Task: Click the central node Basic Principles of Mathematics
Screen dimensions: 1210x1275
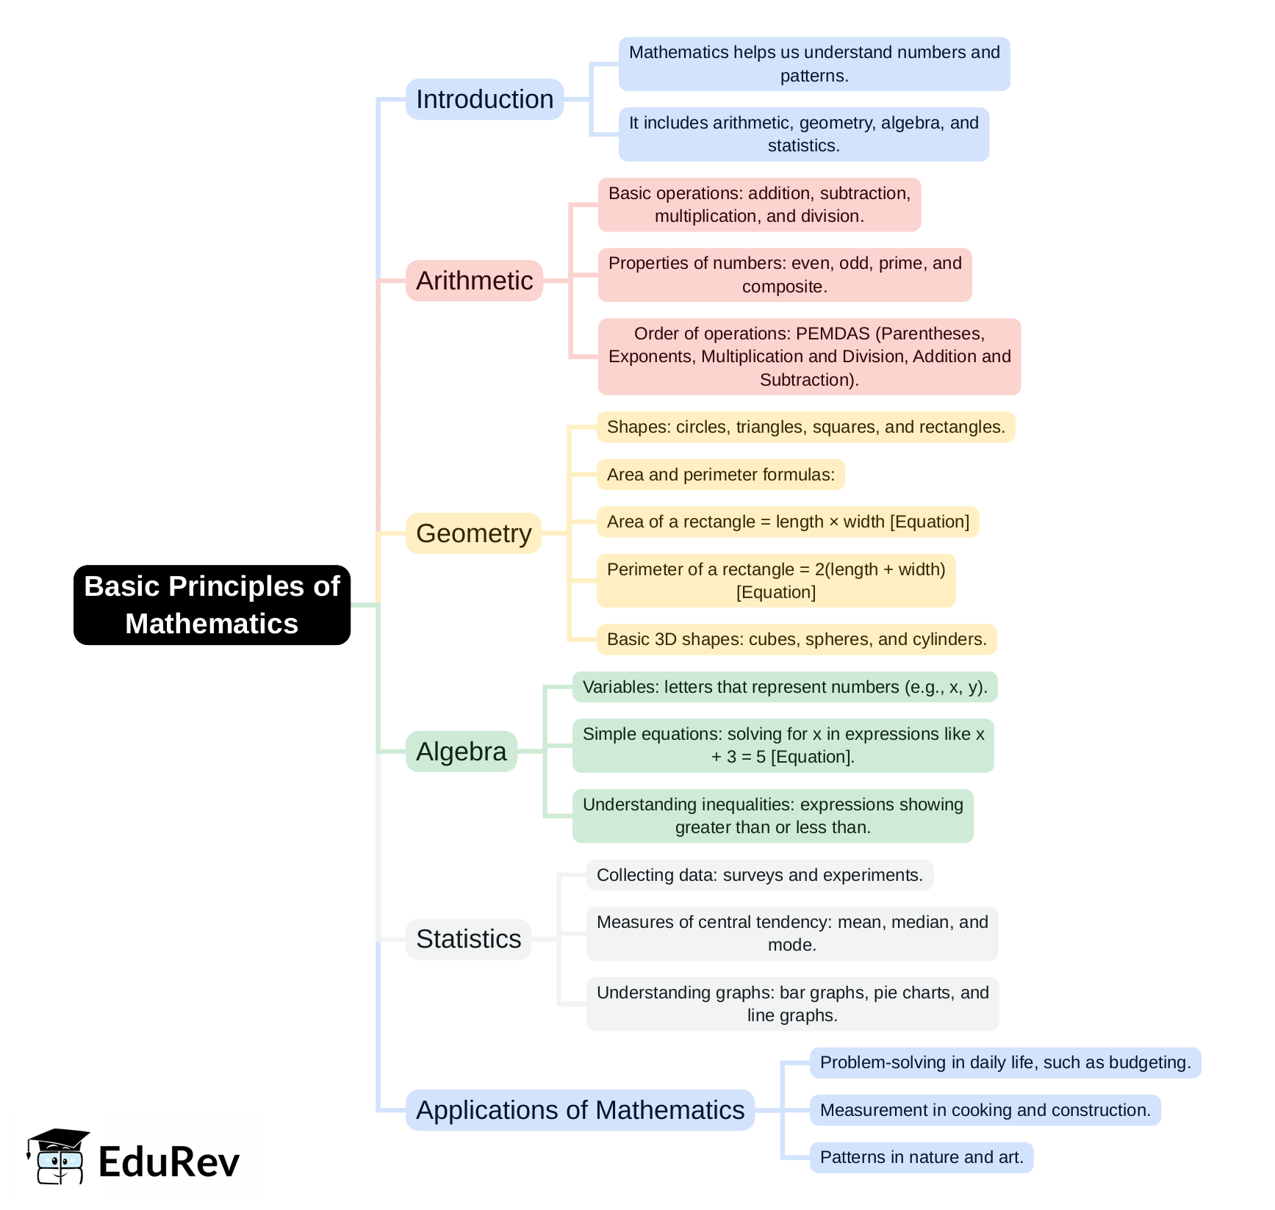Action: [x=212, y=605]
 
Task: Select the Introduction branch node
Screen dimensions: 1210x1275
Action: [x=484, y=99]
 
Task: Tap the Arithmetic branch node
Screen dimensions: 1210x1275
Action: [x=474, y=281]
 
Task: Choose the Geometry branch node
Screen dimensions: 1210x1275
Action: [x=473, y=533]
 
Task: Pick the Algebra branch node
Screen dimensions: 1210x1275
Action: [x=461, y=752]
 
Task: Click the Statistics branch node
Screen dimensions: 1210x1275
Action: [x=468, y=939]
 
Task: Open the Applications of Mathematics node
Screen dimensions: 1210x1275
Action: [x=580, y=1110]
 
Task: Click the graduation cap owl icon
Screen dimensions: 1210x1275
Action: [x=58, y=1156]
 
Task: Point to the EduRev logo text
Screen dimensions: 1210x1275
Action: [x=169, y=1162]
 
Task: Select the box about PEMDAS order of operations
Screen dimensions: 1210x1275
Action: [x=809, y=356]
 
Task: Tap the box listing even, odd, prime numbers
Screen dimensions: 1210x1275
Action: [x=784, y=275]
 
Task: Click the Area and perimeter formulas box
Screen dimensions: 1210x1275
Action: [x=720, y=475]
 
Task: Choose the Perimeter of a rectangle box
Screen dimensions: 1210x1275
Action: [x=775, y=580]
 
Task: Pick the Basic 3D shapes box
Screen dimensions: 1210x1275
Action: [x=796, y=639]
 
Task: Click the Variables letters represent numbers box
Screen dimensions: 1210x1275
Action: [x=784, y=687]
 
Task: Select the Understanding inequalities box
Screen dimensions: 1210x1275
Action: [x=772, y=815]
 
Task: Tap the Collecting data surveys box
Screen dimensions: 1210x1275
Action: [x=759, y=875]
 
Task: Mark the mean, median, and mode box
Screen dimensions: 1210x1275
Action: [x=791, y=933]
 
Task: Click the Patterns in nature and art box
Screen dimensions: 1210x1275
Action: [x=921, y=1157]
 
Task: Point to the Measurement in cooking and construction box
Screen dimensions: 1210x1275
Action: [x=985, y=1110]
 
